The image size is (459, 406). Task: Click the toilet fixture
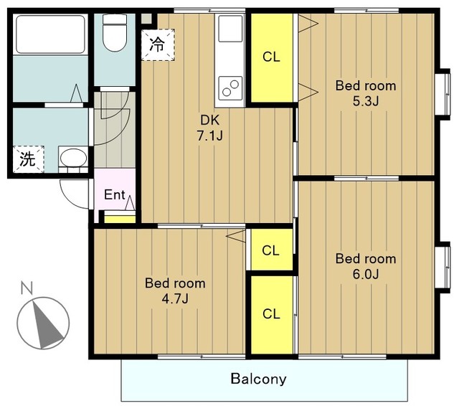(115, 32)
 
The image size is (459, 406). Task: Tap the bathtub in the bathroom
(50, 34)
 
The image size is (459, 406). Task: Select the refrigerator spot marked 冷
(158, 44)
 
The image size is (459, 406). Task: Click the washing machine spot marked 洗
(29, 159)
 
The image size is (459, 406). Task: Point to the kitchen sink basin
(230, 29)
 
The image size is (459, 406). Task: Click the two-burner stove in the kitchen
(230, 88)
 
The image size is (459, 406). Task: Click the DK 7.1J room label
(209, 128)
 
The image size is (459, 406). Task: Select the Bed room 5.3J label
(366, 93)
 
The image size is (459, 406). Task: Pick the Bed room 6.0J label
(366, 266)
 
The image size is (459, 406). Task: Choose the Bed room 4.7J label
(175, 291)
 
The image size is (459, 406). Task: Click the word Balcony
(258, 379)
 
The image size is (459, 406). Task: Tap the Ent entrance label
(115, 194)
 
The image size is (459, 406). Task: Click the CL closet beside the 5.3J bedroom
(272, 57)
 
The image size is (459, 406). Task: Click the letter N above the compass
(27, 288)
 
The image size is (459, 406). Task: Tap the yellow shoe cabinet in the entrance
(120, 219)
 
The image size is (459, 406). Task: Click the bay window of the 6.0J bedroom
(443, 268)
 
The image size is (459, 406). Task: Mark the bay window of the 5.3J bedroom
(443, 94)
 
